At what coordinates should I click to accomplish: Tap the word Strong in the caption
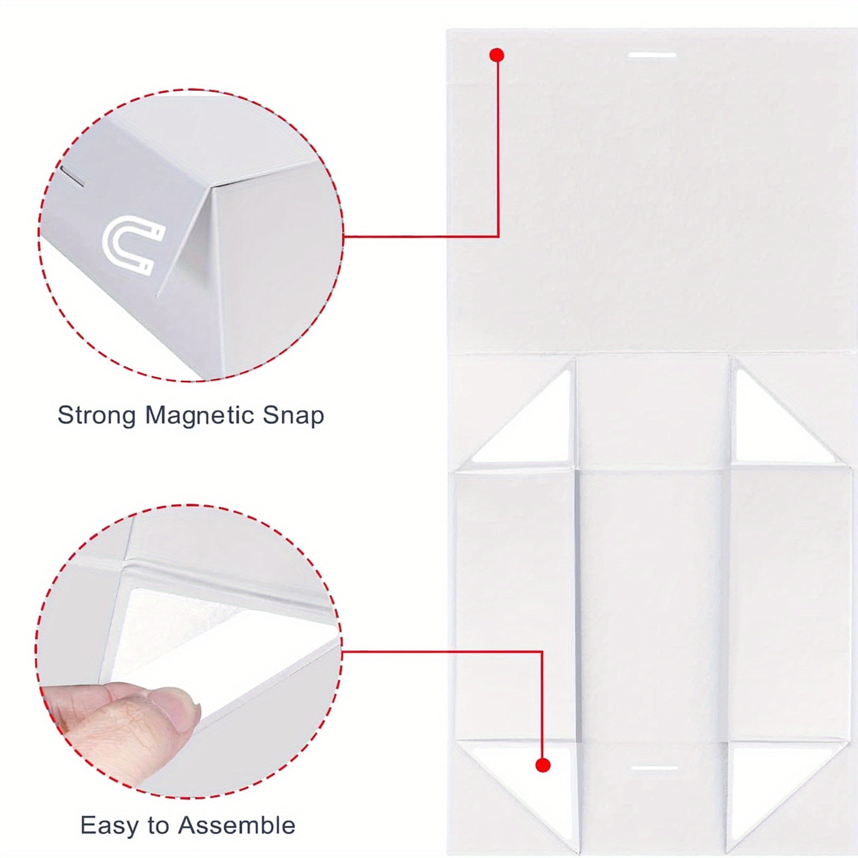97,416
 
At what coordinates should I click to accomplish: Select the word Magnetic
199,416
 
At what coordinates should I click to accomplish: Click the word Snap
293,416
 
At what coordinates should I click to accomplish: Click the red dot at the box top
497,55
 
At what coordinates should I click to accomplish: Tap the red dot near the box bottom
543,765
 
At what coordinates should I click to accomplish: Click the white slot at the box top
652,55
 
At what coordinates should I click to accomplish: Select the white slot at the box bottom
655,768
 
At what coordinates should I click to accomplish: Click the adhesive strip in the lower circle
214,633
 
